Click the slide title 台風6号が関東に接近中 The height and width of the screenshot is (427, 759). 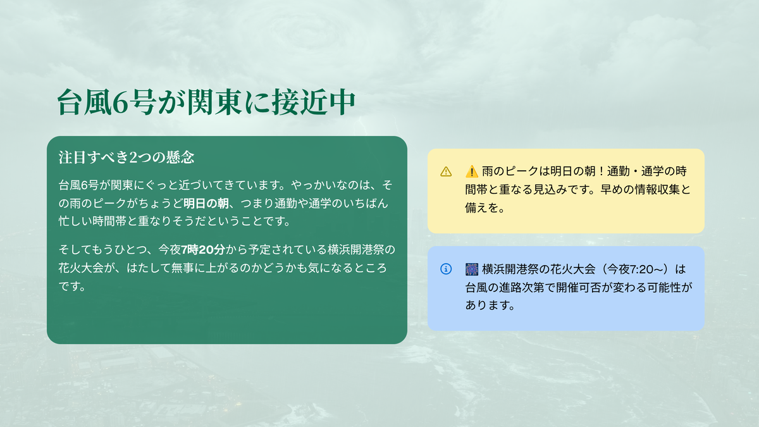[206, 102]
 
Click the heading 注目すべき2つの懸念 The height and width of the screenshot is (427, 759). [126, 158]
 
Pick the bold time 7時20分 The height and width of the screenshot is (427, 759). [203, 250]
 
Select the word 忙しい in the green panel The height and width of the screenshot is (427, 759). [75, 221]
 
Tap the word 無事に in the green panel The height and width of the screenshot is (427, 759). [188, 268]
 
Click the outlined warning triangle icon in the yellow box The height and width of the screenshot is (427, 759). [446, 171]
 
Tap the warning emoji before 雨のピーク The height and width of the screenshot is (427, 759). [471, 171]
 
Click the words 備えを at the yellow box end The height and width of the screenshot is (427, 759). [481, 207]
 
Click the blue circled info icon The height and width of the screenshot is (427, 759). [446, 269]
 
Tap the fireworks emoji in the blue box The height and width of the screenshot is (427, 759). [472, 269]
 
